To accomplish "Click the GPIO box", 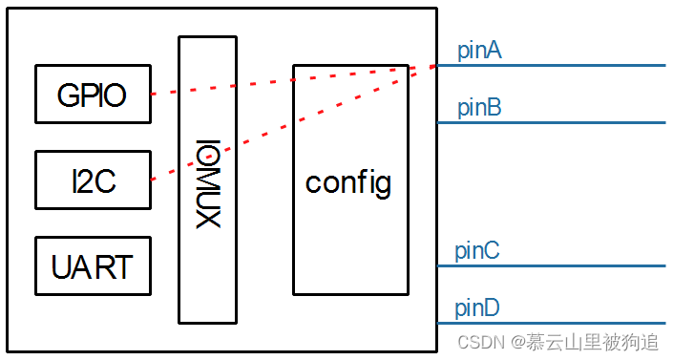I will [x=93, y=95].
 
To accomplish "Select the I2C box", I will [x=93, y=180].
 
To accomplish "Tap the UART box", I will [x=93, y=265].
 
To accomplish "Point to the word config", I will [x=348, y=181].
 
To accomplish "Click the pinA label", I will [x=479, y=51].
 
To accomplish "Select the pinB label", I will [x=479, y=108].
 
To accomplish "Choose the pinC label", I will [x=477, y=251].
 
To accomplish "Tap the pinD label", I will [x=477, y=308].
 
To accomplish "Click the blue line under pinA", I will [x=554, y=66].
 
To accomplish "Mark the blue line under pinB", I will [x=554, y=122].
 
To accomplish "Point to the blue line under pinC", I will [x=554, y=265].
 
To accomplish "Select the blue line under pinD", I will [x=554, y=323].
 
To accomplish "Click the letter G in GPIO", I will [x=67, y=95].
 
